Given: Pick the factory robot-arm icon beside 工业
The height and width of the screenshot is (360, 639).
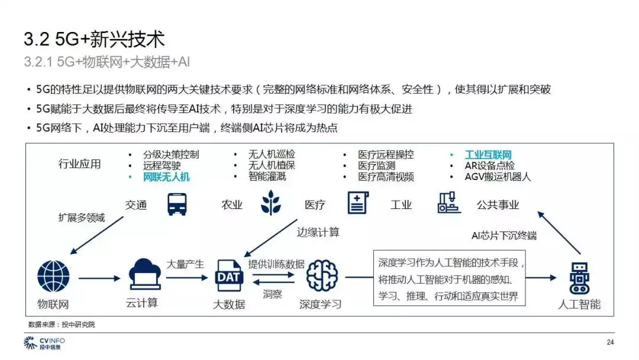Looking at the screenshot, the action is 450,203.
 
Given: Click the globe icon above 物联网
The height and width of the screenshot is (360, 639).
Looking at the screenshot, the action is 53,277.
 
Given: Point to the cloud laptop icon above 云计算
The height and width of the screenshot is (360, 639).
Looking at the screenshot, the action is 144,275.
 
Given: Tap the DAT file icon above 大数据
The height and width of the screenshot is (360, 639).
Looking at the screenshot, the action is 228,276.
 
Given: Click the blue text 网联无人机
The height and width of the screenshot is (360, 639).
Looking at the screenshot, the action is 166,176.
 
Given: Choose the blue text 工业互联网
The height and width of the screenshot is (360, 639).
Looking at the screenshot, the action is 488,155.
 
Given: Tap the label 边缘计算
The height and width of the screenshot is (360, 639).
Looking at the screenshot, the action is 318,232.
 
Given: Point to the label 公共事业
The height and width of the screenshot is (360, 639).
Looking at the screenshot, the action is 498,205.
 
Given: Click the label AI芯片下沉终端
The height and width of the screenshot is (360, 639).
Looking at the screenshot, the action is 504,235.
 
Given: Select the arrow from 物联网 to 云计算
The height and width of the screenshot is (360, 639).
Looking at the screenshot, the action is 99,277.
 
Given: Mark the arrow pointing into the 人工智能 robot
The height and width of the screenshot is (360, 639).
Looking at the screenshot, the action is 541,277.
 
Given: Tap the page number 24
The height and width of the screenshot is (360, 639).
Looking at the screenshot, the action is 611,342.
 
